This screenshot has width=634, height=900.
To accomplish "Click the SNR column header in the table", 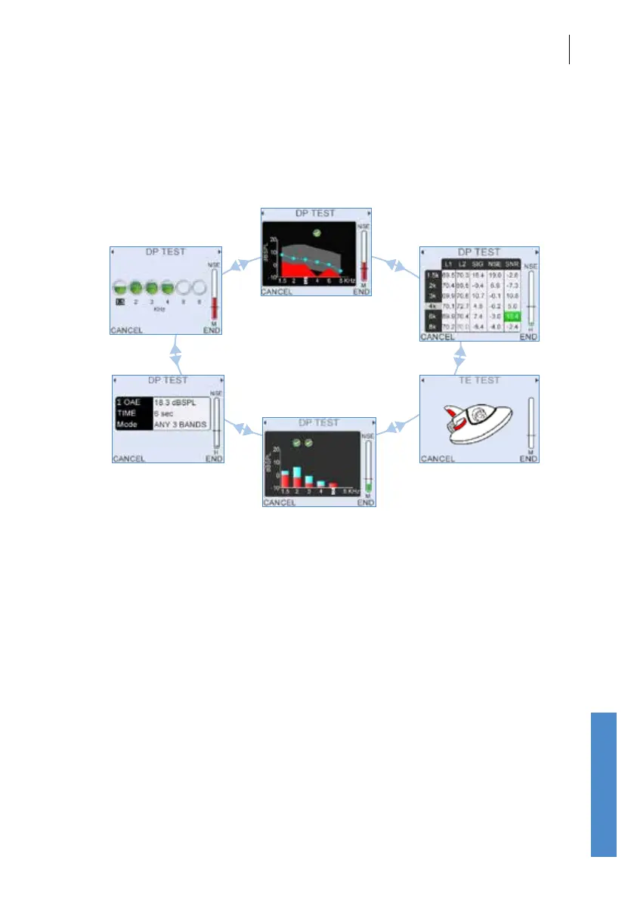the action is [x=512, y=264].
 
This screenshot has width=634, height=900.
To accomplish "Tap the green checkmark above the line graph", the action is [x=317, y=233].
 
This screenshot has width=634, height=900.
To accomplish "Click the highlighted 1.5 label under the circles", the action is [x=119, y=301].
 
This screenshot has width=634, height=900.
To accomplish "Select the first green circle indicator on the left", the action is [x=120, y=287].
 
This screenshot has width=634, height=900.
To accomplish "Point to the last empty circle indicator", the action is [x=199, y=287].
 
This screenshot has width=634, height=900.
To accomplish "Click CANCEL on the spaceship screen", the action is [x=438, y=459].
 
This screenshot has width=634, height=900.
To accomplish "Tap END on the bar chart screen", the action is [x=366, y=503].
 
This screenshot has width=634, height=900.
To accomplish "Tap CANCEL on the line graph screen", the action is [x=277, y=292].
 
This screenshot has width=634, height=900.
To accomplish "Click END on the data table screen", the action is [x=529, y=337].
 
